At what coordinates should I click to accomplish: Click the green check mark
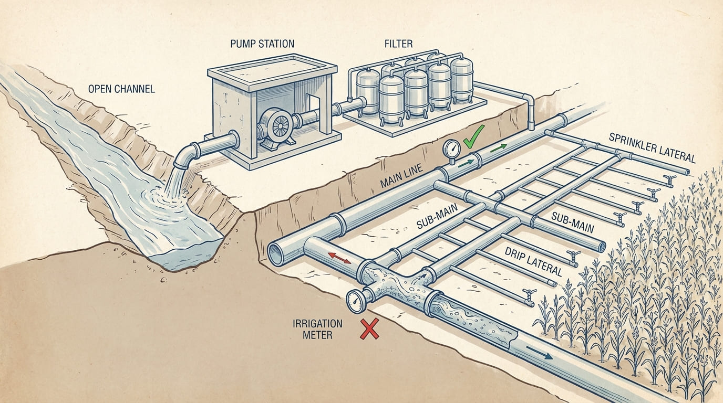pos(475,138)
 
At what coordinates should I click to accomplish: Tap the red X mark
pos(369,330)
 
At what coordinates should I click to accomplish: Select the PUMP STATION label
pos(262,44)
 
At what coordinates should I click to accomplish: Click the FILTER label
pos(398,44)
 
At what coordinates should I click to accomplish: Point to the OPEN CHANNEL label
pos(121,89)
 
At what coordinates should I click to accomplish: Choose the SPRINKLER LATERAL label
pos(652,147)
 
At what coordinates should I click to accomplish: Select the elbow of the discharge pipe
pos(184,155)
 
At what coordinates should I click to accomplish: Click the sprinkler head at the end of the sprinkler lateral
pos(669,180)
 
